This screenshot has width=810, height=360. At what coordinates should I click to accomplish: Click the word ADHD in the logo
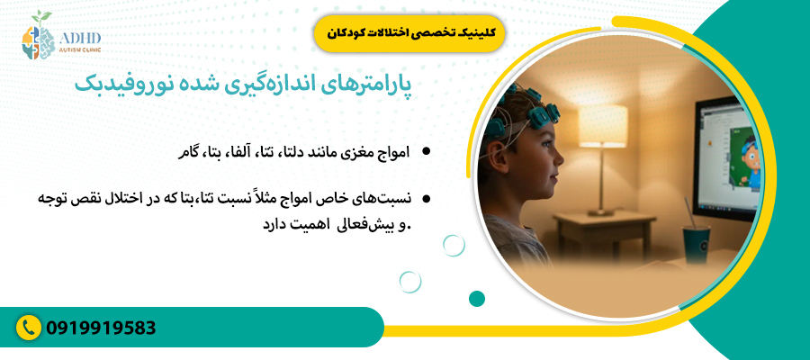[x=81, y=38]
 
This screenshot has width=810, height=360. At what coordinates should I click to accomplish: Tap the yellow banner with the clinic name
[x=410, y=32]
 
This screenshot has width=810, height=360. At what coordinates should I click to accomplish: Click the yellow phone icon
[x=30, y=327]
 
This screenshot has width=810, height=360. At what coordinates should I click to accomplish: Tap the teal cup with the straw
[x=693, y=247]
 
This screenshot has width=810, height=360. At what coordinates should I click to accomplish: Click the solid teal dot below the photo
[x=477, y=299]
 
